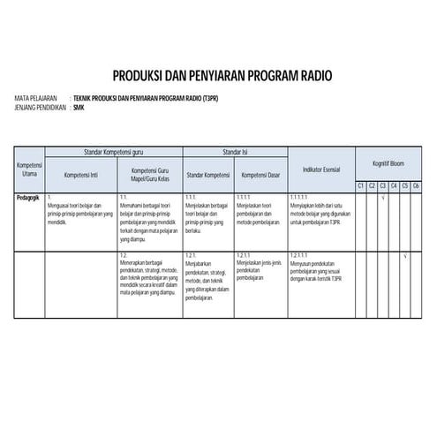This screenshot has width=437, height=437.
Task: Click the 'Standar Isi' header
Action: [234, 152]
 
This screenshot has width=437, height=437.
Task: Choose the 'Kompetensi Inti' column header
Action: [79, 174]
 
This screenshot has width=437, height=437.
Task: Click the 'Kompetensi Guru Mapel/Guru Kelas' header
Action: [149, 174]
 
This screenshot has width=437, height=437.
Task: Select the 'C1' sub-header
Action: [361, 185]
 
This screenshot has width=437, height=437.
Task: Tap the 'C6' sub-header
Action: [415, 185]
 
